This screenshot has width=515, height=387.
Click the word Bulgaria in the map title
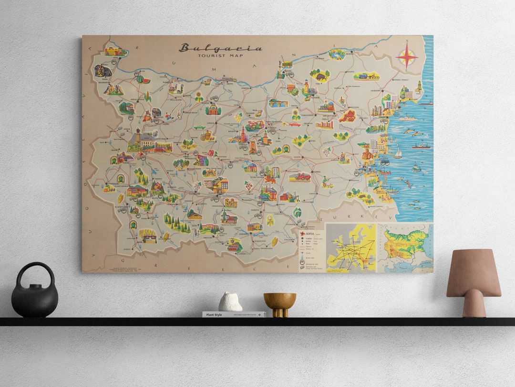click(x=220, y=48)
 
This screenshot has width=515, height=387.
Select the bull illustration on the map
click(x=319, y=75)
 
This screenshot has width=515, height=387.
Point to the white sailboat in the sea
click(x=397, y=153)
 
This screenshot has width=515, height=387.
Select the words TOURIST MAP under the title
click(x=220, y=56)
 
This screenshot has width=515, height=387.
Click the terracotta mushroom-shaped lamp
click(x=474, y=282)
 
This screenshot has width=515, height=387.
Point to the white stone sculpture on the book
click(x=230, y=302)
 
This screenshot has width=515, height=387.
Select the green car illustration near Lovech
click(x=199, y=128)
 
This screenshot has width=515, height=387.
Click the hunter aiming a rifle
click(x=327, y=182)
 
